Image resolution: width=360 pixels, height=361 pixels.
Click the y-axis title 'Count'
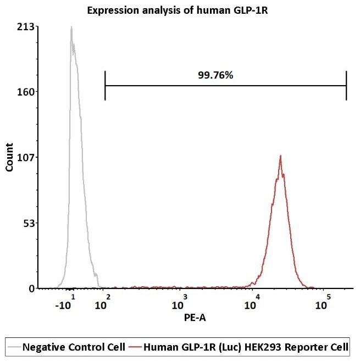(x=9, y=157)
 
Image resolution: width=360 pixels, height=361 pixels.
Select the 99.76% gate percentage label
(x=215, y=75)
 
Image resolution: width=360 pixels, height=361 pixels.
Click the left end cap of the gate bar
(x=104, y=86)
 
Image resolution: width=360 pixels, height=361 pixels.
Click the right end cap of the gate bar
(x=346, y=86)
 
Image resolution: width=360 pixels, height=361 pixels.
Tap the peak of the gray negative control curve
(x=71, y=27)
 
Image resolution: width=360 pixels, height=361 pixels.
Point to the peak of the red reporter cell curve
(x=281, y=156)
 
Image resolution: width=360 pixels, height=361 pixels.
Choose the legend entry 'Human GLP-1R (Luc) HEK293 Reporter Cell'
(x=245, y=347)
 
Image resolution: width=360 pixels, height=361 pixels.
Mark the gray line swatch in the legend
(x=15, y=347)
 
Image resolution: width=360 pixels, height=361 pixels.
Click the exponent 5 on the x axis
(x=328, y=297)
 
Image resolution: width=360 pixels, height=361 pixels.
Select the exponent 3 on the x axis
(x=185, y=297)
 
